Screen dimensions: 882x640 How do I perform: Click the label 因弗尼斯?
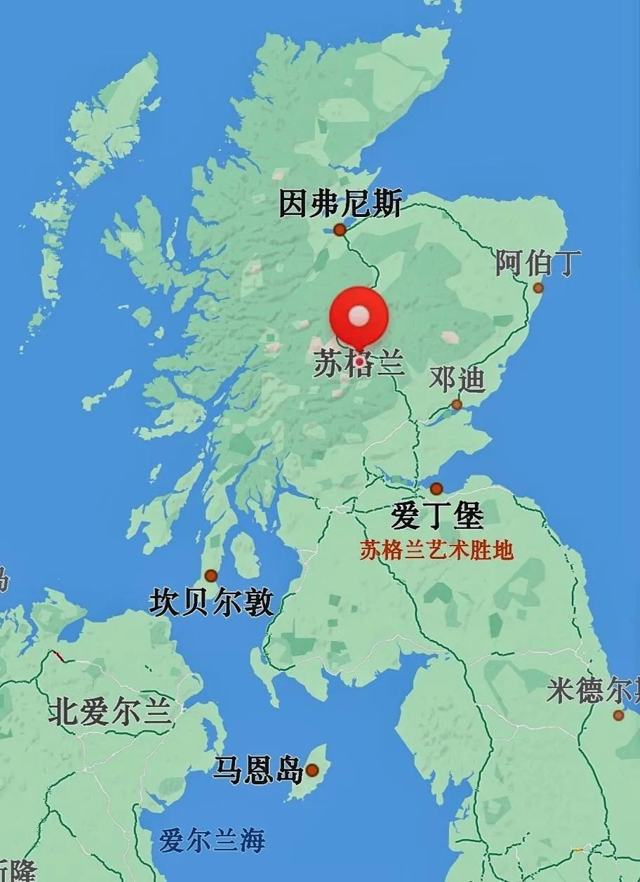pos(340,204)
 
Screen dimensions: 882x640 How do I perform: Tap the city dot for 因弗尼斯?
pos(340,230)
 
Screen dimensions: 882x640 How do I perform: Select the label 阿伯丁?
pos(538,263)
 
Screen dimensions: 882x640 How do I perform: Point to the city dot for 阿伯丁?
pos(538,288)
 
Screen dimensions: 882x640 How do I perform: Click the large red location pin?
pos(359,320)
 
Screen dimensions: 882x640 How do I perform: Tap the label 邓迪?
pos(457,379)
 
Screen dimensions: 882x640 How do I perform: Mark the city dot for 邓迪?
pos(457,404)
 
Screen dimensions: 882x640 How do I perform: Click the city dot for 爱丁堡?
pos(436,489)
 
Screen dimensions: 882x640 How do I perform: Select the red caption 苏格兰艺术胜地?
pos(436,551)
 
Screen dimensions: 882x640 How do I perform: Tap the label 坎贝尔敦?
pos(211,603)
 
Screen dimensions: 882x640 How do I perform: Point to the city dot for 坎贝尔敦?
pos(211,576)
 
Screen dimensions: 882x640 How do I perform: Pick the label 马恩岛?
pos(258,770)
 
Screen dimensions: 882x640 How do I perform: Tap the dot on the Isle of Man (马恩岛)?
pos(312,770)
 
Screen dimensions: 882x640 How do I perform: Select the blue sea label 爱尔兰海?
pos(212,840)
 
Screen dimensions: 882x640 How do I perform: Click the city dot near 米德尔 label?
pos(618,716)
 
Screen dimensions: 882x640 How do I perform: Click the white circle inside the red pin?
pos(359,315)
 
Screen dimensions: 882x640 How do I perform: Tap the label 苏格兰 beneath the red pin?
pos(359,364)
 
